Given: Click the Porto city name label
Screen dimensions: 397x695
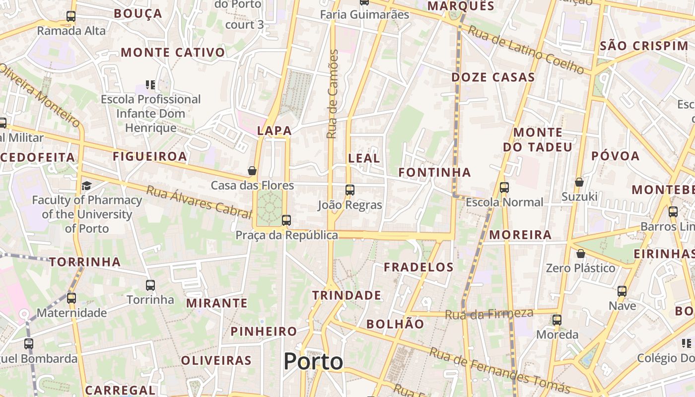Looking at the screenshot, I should point(313,362).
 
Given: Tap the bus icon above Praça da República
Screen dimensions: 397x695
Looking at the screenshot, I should point(286,220).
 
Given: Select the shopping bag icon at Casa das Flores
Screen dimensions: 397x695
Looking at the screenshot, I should point(252,171).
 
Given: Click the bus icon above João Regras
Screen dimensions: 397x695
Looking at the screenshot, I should point(350,190).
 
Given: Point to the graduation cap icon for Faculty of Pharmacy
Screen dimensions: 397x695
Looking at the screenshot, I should point(87,186).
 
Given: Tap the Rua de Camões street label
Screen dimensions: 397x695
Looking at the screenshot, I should point(332,94).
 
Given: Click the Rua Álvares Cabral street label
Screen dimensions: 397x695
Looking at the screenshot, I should point(199,201).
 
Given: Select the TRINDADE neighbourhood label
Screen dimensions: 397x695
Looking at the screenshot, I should point(347,295).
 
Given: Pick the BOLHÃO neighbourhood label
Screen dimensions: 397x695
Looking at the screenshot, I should point(395,324).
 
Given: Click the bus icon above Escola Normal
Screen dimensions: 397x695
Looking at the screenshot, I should point(504,188).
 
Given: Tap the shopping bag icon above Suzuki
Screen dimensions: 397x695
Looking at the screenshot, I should point(579,182).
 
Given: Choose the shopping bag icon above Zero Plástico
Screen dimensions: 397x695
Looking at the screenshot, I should point(580,254).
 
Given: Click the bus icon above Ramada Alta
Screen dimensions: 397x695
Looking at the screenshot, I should point(71,16).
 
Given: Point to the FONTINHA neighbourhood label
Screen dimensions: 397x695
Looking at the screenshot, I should point(435,172).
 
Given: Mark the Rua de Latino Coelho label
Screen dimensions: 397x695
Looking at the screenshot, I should point(526,50).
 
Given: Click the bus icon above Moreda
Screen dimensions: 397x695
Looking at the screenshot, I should point(557,320).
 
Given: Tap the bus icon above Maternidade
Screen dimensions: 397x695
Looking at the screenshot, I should point(71,298).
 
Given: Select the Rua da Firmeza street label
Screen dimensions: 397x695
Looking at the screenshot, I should point(489,314).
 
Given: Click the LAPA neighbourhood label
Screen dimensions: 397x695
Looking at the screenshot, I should point(274,131).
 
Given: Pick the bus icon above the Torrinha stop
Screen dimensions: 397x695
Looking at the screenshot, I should point(150,285).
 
